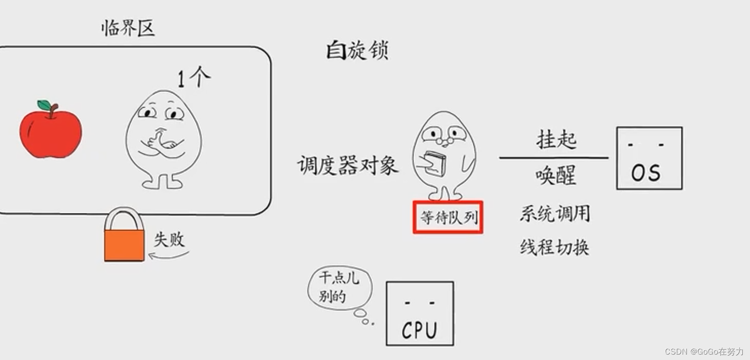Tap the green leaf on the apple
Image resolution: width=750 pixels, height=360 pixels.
pyautogui.click(x=44, y=105)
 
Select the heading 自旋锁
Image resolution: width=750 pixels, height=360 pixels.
pyautogui.click(x=357, y=50)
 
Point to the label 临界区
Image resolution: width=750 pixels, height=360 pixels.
pyautogui.click(x=128, y=28)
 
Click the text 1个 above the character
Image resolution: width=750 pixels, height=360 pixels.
pyautogui.click(x=193, y=77)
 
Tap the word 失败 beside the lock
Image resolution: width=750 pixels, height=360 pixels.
pyautogui.click(x=169, y=240)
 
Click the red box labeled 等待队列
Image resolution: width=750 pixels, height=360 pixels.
pyautogui.click(x=448, y=217)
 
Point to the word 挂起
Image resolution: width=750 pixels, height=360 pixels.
pyautogui.click(x=556, y=139)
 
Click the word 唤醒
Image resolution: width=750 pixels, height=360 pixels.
pyautogui.click(x=555, y=175)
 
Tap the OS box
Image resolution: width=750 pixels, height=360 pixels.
pyautogui.click(x=649, y=158)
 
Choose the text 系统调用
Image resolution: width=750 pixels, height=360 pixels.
pyautogui.click(x=554, y=213)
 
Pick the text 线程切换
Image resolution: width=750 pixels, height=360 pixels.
pyautogui.click(x=554, y=247)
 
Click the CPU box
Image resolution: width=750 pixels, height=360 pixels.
pyautogui.click(x=419, y=314)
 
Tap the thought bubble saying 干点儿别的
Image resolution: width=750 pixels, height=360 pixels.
pyautogui.click(x=339, y=287)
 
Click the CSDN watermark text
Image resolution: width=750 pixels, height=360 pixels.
pyautogui.click(x=704, y=351)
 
